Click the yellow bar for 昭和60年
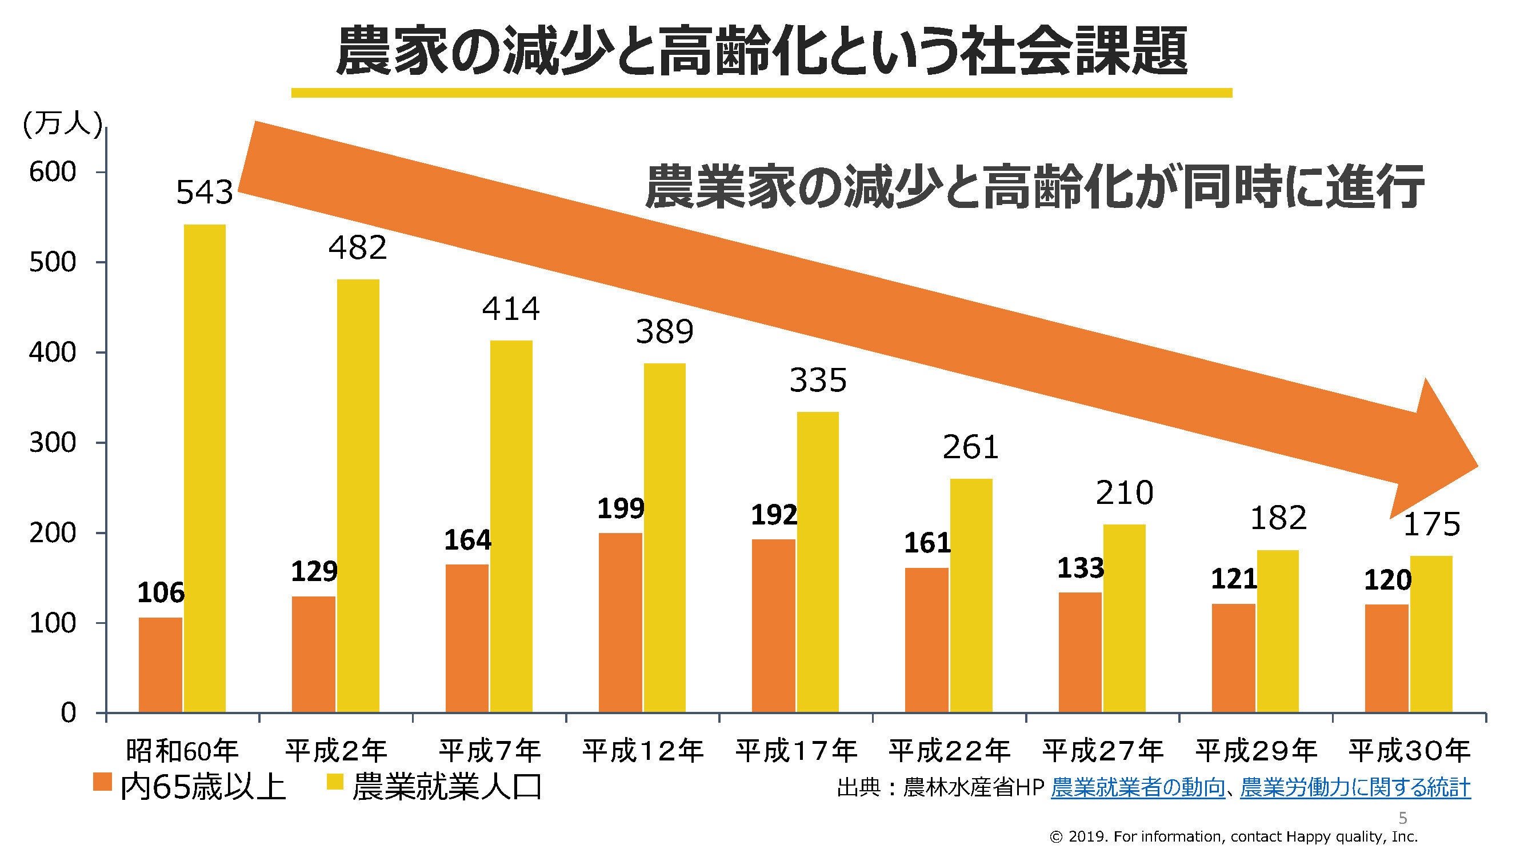204,467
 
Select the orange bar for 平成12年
620,622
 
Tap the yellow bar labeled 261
971,595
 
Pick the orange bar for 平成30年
1386,658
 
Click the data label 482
357,247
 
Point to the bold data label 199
620,509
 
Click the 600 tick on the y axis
53,172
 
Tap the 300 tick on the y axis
53,443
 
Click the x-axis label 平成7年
489,751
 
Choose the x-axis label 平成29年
1256,751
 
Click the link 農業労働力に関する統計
1355,788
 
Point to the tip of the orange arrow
1477,465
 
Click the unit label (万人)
62,126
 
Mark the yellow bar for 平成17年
818,562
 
